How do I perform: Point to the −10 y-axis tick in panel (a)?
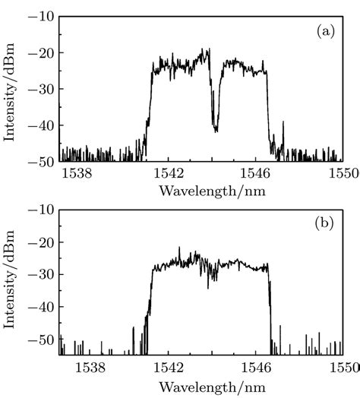point(40,16)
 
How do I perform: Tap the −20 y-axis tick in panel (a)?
point(40,52)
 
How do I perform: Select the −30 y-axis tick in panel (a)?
point(40,89)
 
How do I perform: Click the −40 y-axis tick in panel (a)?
point(40,125)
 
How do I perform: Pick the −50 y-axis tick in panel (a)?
point(40,161)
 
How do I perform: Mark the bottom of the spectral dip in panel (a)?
point(216,131)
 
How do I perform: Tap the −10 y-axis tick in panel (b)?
point(40,209)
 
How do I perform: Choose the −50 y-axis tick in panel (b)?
point(40,340)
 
